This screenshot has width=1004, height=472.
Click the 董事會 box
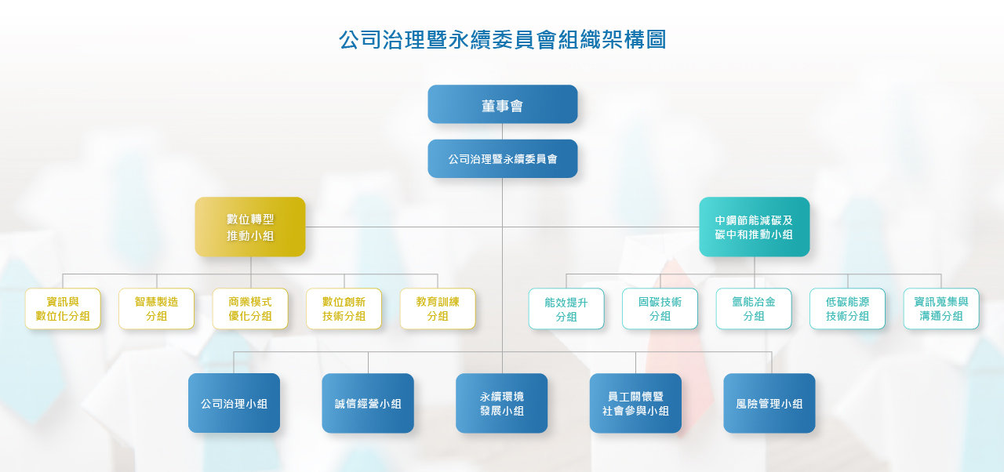point(503,104)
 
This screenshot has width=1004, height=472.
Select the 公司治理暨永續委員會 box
point(503,159)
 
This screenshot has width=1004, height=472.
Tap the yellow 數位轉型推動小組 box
point(250,227)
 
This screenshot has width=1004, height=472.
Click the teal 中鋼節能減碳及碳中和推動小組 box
point(755,227)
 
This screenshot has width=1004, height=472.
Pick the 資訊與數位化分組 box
point(63,309)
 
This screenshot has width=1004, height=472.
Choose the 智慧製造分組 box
point(156,309)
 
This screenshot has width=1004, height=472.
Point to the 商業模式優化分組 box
point(250,309)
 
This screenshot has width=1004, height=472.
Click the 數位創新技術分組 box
point(344,309)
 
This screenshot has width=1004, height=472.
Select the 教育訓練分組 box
point(438,309)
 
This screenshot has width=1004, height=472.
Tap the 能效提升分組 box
point(566,309)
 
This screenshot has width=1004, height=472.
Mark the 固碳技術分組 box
point(660,309)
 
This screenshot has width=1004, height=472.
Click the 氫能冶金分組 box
point(754,309)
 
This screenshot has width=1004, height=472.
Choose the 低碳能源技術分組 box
point(847,309)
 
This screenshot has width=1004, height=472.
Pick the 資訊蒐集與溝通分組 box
point(941,309)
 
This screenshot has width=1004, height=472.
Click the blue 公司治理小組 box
point(234,404)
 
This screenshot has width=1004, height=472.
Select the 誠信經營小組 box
point(368,404)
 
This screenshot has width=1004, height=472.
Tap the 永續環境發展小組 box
point(501,404)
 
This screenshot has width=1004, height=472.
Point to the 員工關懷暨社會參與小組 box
point(635,404)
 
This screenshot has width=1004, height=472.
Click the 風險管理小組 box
point(769,404)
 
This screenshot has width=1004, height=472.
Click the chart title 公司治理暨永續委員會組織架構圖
point(503,39)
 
